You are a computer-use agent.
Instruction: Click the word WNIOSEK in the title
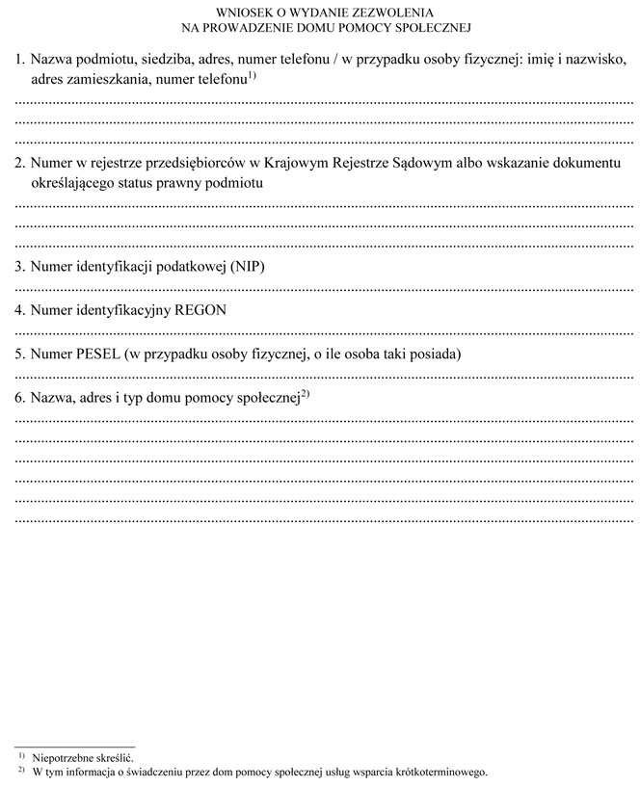point(224,13)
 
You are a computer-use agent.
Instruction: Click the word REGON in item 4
point(200,309)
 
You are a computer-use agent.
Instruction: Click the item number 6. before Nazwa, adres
point(20,397)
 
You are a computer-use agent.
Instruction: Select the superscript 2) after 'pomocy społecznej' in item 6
point(305,392)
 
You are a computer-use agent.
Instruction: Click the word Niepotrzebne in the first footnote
point(62,759)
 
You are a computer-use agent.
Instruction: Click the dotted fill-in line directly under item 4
point(324,330)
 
